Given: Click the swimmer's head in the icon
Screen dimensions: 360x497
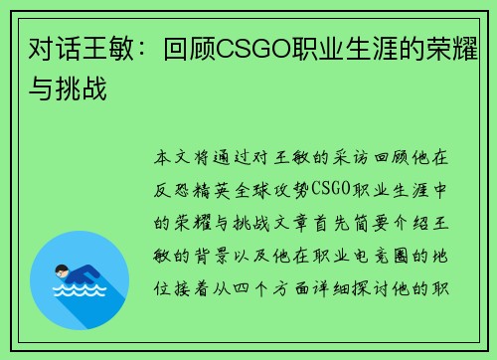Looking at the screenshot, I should [x=61, y=270].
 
